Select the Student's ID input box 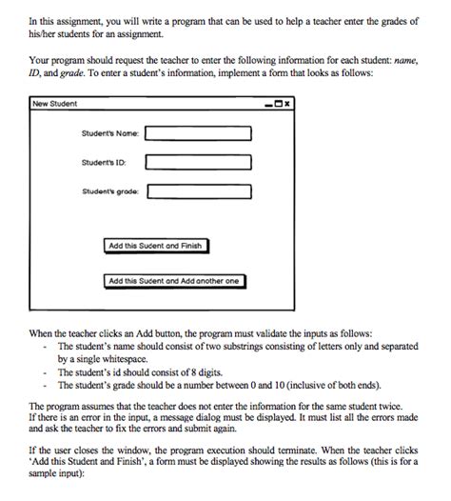198,163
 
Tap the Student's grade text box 198,191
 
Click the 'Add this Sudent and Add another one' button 174,281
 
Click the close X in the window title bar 284,103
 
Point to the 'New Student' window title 54,103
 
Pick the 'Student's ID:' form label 105,163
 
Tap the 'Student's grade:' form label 110,191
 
